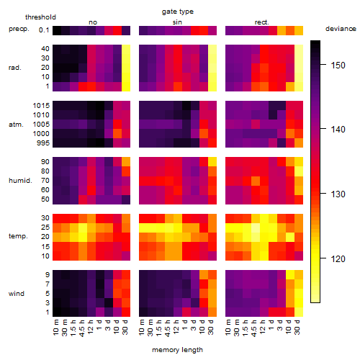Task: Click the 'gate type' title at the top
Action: tap(178, 12)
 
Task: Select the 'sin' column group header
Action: tap(177, 22)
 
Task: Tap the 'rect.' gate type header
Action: tap(261, 22)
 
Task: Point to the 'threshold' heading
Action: tap(40, 17)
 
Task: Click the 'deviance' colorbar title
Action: tap(341, 29)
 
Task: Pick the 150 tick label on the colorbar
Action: tap(338, 66)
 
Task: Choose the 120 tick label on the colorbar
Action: tap(338, 259)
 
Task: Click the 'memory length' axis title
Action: tap(177, 350)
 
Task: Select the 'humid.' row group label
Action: tap(20, 181)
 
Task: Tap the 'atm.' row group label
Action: tap(16, 125)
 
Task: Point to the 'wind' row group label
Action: tap(17, 294)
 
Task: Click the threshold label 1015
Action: tap(41, 106)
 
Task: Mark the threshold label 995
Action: tap(43, 143)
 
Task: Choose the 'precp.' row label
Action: tap(19, 29)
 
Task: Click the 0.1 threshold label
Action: tap(44, 30)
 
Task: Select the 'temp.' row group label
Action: tap(18, 236)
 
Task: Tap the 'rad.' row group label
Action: tap(15, 68)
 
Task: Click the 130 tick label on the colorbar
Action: tap(338, 194)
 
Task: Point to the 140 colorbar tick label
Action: tap(338, 130)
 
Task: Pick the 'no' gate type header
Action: tap(93, 22)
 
